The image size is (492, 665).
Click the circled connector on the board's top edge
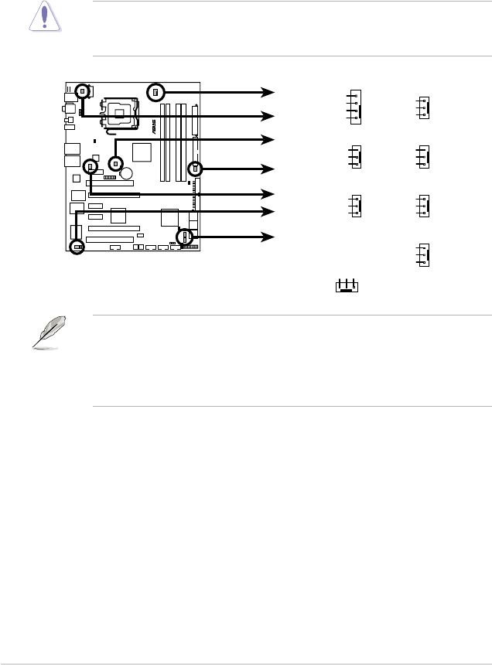click(x=156, y=92)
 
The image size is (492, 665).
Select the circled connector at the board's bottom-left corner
click(x=77, y=247)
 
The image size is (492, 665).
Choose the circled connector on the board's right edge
click(x=195, y=168)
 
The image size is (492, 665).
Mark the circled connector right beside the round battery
click(x=115, y=164)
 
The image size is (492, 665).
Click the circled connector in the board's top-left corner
click(x=83, y=91)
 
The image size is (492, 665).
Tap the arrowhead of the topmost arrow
click(x=268, y=93)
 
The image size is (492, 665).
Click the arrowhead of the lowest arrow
click(x=268, y=236)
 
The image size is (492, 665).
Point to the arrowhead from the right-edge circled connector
click(x=268, y=168)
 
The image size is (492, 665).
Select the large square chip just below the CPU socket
click(x=143, y=153)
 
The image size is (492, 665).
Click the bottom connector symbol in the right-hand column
click(x=422, y=255)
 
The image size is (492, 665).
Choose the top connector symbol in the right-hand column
click(x=422, y=107)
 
